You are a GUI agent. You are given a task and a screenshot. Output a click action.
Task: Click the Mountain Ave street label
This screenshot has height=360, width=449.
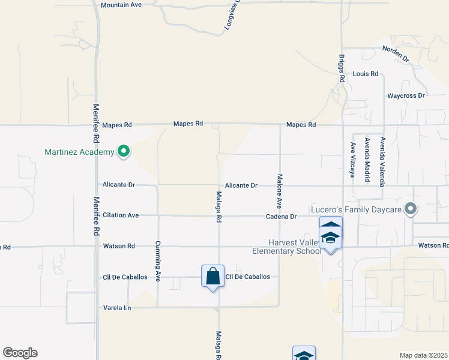(x=121, y=5)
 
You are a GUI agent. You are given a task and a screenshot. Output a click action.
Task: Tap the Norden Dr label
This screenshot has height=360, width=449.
(x=395, y=54)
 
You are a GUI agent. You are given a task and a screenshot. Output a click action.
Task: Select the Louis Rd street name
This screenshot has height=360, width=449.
(x=365, y=74)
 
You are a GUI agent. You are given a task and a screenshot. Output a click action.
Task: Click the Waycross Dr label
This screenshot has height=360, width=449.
(x=406, y=95)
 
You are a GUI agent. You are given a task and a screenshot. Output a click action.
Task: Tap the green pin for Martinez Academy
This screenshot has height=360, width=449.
(x=124, y=151)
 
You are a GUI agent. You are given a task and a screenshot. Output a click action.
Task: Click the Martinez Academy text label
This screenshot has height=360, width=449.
(x=79, y=152)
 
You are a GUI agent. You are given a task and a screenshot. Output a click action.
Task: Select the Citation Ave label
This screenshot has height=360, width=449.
(x=121, y=215)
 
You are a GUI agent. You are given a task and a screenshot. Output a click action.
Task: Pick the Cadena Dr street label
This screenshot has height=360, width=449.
(x=282, y=216)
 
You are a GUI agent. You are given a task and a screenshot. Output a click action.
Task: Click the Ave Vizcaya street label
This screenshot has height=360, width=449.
(x=353, y=160)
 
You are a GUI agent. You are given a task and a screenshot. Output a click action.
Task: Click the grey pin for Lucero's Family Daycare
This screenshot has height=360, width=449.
(x=411, y=209)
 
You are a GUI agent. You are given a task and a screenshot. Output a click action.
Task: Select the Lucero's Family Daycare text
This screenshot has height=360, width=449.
(x=356, y=209)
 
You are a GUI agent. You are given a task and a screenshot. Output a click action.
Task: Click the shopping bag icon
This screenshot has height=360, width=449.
(x=212, y=277)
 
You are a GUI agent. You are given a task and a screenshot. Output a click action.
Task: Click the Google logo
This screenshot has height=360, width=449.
(x=20, y=353)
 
